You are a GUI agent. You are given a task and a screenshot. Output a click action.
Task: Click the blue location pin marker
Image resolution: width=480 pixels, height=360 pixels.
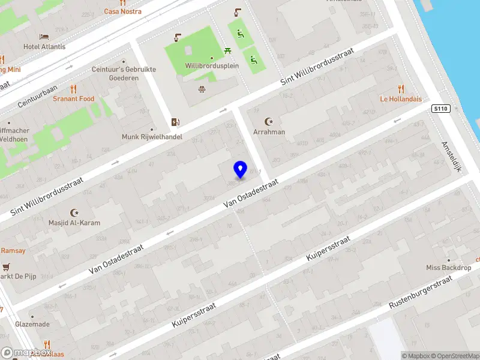coord(241,169)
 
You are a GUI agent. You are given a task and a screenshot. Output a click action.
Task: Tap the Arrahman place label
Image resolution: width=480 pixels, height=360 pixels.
coord(269,131)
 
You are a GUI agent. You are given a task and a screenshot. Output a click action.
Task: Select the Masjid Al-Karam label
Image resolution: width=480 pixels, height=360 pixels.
coord(75,223)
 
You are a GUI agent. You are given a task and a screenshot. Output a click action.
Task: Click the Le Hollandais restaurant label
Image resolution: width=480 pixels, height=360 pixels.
coord(401,99)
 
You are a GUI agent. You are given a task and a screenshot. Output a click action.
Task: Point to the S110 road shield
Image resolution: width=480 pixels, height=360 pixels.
coord(441,108)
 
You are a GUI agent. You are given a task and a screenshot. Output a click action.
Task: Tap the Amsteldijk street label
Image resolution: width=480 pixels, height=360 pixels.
coord(451,156)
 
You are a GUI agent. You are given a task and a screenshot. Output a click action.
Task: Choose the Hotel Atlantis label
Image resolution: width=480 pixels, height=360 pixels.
coord(44,47)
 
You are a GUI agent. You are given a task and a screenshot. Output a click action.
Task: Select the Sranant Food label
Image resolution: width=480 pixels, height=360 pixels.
coord(73,98)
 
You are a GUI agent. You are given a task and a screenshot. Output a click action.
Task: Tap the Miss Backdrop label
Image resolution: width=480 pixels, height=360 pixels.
coord(449,268)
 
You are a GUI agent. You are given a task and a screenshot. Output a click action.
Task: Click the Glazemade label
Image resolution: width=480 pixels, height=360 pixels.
coord(32,324)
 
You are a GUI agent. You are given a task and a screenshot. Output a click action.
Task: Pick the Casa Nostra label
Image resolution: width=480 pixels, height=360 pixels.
coord(123,11)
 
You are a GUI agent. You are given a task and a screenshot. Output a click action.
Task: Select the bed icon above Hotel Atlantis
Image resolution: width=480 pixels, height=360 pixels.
coord(44,37)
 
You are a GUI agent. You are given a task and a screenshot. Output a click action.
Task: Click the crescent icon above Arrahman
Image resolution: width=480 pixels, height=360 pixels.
coord(269,121)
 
